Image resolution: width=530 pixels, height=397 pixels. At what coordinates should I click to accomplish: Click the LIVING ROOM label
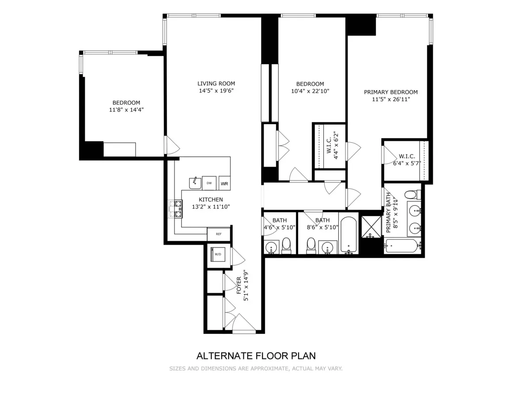[x=216, y=83]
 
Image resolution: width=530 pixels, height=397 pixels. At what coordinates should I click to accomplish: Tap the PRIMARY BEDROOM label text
[x=390, y=92]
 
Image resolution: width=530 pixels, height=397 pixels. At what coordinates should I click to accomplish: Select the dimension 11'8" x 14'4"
[x=126, y=110]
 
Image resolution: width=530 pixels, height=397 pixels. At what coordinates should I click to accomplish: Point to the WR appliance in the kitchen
[x=224, y=183]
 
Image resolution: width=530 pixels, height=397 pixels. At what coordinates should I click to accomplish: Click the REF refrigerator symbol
[x=219, y=234]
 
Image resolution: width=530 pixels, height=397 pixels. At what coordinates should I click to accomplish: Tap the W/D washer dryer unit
[x=218, y=254]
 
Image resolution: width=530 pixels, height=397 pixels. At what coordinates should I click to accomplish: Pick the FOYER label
[x=239, y=285]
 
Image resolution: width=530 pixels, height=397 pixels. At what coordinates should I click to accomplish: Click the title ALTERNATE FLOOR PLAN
[x=256, y=356]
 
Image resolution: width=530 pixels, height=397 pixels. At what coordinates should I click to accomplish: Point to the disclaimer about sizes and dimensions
[x=256, y=368]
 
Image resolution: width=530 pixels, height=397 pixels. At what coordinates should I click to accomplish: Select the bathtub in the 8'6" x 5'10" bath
[x=349, y=234]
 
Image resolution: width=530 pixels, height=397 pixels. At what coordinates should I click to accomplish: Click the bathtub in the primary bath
[x=401, y=246]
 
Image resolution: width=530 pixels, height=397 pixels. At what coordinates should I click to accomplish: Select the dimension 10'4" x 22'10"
[x=310, y=91]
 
